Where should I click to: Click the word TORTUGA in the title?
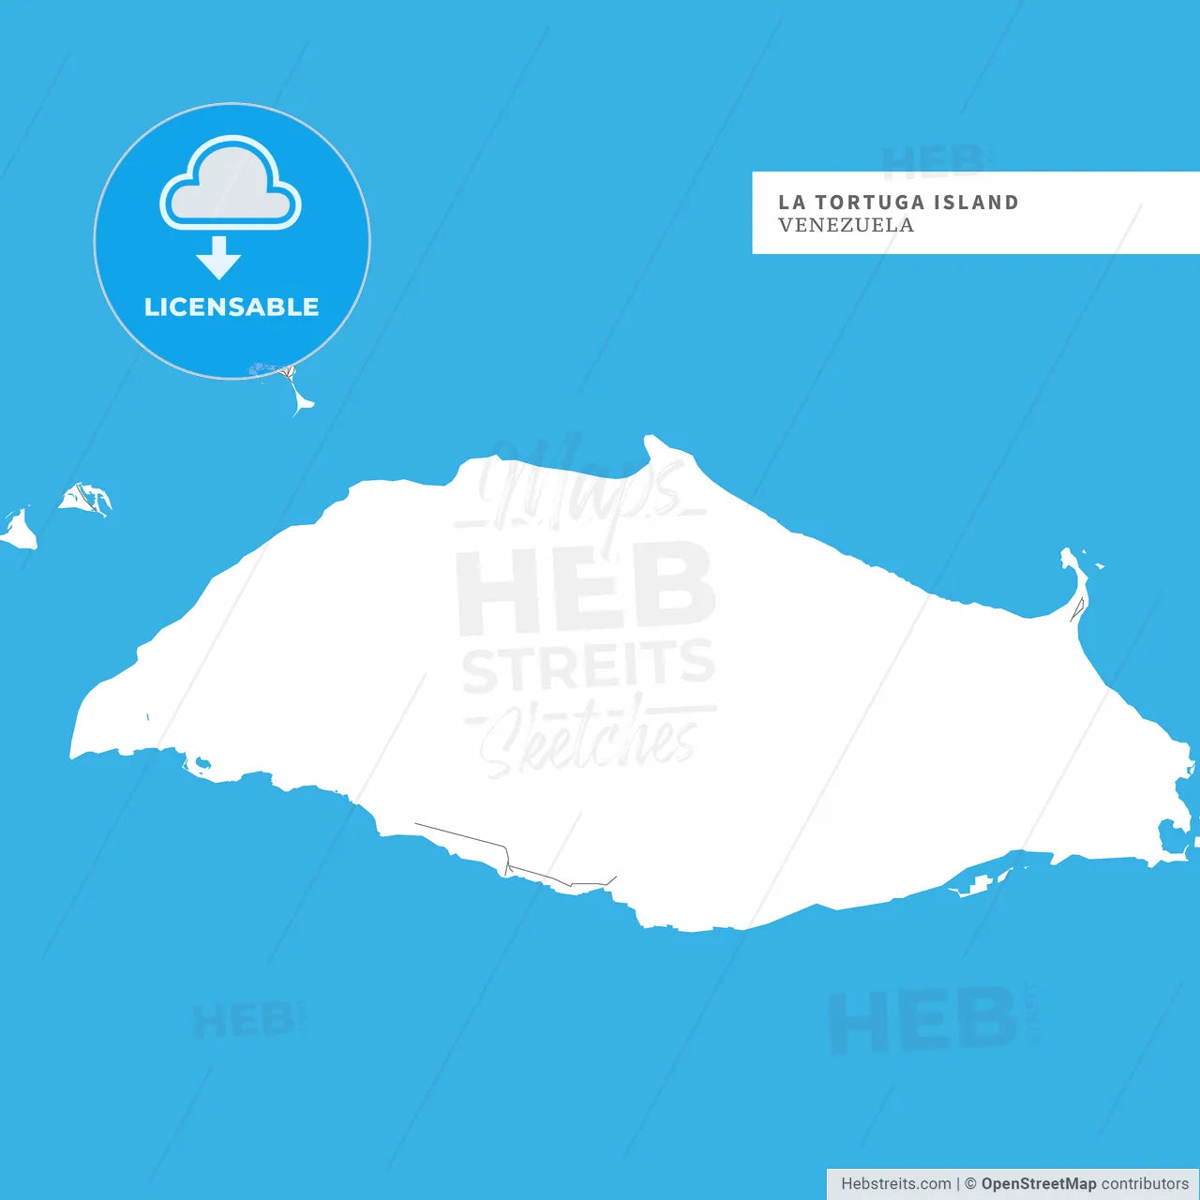click(x=857, y=202)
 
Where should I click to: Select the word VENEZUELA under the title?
click(x=846, y=225)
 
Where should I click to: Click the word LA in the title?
click(x=791, y=202)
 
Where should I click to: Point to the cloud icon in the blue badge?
click(x=231, y=185)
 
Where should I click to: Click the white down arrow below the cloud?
click(x=219, y=258)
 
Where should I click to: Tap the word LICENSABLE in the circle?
click(x=232, y=307)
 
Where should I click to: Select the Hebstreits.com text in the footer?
click(x=895, y=1184)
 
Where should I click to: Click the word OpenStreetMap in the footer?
click(x=1039, y=1184)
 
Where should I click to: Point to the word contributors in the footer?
click(x=1145, y=1184)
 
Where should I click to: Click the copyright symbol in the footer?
click(x=970, y=1184)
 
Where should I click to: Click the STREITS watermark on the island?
click(x=589, y=666)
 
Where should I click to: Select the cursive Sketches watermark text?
click(x=589, y=741)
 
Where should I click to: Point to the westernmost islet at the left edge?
click(x=19, y=532)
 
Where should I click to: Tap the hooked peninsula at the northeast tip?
click(x=1074, y=581)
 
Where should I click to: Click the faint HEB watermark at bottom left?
click(x=244, y=1020)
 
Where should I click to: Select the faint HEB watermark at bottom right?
click(x=923, y=1020)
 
